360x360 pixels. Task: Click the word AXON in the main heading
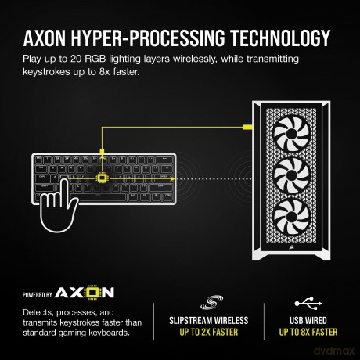(x=45, y=38)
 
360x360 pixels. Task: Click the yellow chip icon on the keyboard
(x=102, y=178)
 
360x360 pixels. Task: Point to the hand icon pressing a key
(x=59, y=206)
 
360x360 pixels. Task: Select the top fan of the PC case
(x=292, y=135)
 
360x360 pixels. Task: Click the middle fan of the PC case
(x=292, y=175)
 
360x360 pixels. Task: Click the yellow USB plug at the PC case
(x=247, y=128)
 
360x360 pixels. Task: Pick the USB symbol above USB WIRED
(x=308, y=304)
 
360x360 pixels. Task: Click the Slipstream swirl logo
(x=211, y=303)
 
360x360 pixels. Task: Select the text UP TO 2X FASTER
(x=209, y=332)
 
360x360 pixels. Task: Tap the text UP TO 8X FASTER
(x=308, y=332)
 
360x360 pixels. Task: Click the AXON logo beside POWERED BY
(x=85, y=293)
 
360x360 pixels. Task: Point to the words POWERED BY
(x=38, y=295)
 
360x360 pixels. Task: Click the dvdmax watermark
(x=334, y=351)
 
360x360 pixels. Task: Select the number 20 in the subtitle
(x=76, y=59)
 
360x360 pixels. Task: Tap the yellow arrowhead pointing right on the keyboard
(x=172, y=178)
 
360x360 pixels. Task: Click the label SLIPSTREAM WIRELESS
(x=209, y=320)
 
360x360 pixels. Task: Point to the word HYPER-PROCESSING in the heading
(x=148, y=38)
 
